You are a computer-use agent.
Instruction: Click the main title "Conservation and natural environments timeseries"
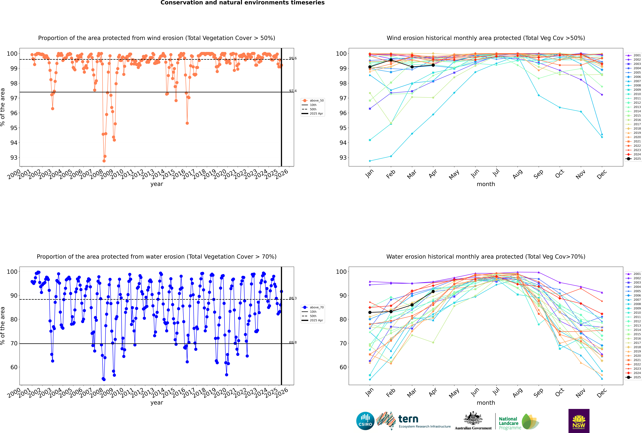[242, 3]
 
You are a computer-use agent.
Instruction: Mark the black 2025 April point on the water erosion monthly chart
[433, 292]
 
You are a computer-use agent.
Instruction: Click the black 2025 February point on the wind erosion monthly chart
[391, 60]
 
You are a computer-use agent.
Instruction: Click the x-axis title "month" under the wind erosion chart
[486, 184]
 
